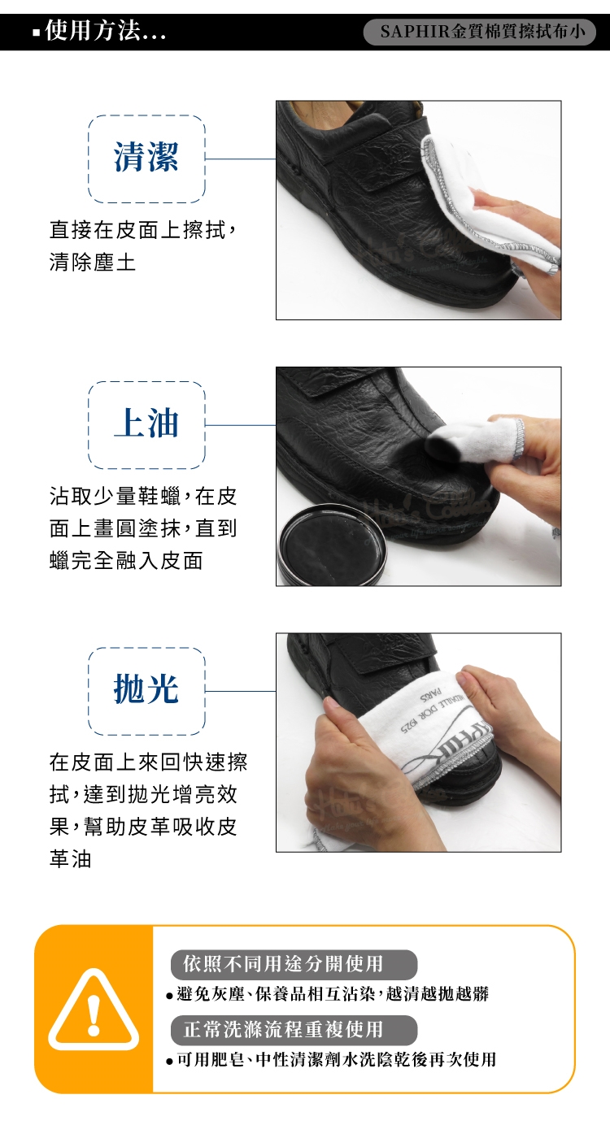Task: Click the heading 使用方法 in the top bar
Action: click(91, 31)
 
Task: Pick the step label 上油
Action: click(146, 423)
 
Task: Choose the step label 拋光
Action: click(146, 689)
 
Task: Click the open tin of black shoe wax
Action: click(333, 549)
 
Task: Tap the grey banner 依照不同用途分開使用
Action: click(294, 964)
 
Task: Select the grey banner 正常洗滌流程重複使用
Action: click(294, 1029)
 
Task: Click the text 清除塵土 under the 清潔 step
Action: click(93, 262)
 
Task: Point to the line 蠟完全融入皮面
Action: click(126, 560)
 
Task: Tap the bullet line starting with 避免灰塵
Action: click(328, 993)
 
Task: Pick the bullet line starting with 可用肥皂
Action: click(331, 1059)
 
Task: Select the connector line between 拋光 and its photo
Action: click(241, 691)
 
